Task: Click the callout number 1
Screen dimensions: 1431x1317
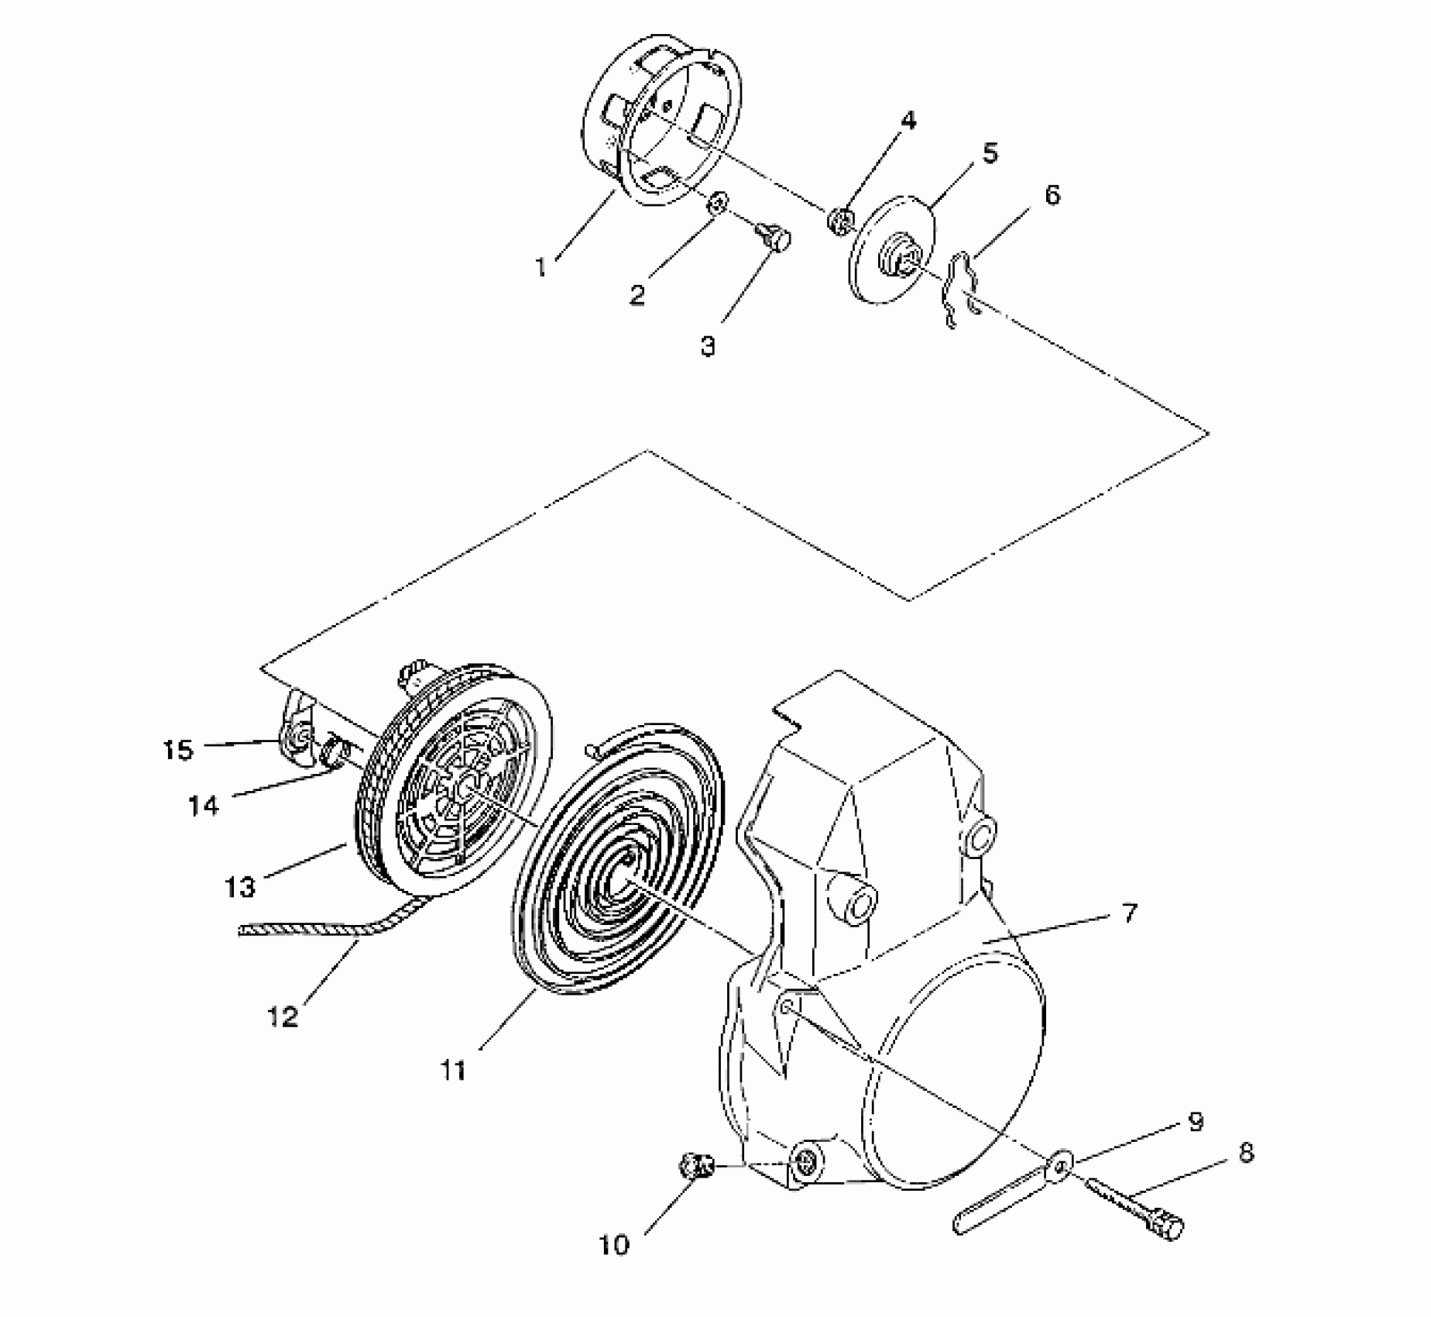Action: pos(541,267)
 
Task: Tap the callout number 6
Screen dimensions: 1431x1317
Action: pos(1052,194)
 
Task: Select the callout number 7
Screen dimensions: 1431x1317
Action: pos(1130,913)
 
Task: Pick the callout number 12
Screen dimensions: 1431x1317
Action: pos(283,1016)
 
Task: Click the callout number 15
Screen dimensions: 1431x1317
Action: pos(177,750)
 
